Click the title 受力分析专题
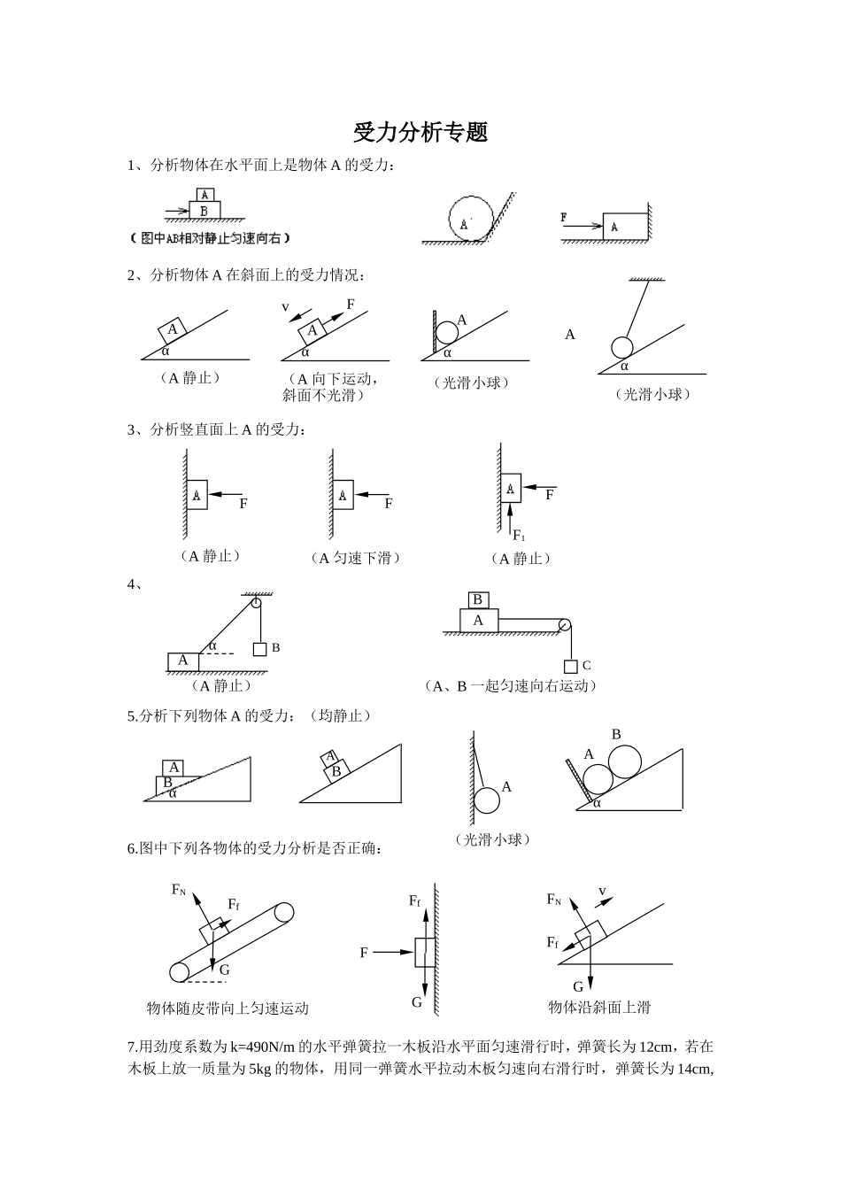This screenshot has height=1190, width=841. coord(420,133)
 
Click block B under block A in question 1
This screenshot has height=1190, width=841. coord(204,210)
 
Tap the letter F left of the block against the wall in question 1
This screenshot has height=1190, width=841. coord(564,217)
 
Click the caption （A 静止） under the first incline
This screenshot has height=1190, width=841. coord(189,378)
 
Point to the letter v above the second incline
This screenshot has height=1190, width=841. coord(286,306)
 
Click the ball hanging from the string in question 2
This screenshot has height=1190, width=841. coord(621,346)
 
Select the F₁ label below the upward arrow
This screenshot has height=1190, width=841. coord(520,537)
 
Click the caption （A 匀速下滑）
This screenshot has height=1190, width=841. coord(355,558)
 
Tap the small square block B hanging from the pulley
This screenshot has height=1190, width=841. coord(259,649)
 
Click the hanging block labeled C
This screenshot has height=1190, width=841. coord(571,666)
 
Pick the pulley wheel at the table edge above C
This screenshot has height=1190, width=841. coord(564,625)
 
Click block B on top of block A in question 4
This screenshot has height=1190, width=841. coord(478,600)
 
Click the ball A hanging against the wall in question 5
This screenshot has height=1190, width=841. coord(487,800)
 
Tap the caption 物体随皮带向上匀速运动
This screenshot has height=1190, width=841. coord(228,1008)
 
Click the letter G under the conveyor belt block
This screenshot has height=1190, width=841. coord(225,970)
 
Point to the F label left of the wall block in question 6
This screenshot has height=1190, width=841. coord(364,953)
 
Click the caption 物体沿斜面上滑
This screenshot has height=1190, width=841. coord(599,1008)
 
